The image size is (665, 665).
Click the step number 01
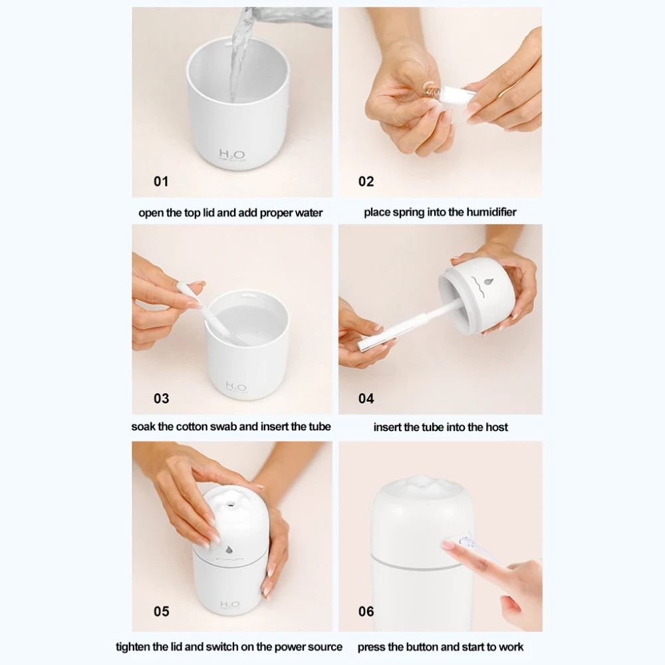pyautogui.click(x=161, y=182)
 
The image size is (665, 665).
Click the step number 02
pyautogui.click(x=366, y=182)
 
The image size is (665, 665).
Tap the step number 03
pyautogui.click(x=161, y=398)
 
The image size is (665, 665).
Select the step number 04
pyautogui.click(x=366, y=398)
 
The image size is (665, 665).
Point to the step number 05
pyautogui.click(x=161, y=612)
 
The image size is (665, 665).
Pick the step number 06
pyautogui.click(x=366, y=612)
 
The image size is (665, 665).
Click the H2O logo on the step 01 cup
pyautogui.click(x=232, y=154)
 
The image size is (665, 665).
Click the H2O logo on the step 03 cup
pyautogui.click(x=236, y=387)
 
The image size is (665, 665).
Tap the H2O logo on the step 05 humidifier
pyautogui.click(x=230, y=604)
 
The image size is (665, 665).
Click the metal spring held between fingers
pyautogui.click(x=432, y=91)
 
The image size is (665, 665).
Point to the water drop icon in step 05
pyautogui.click(x=229, y=550)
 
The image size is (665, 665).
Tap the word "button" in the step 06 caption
pyautogui.click(x=422, y=647)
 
